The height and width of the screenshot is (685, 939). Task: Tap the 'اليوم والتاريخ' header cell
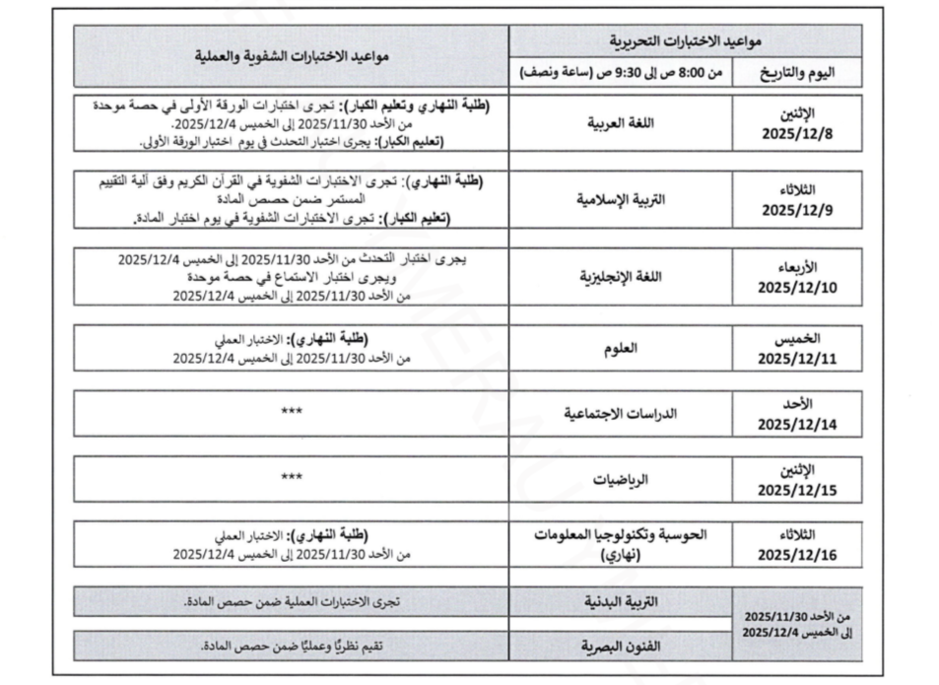pos(797,72)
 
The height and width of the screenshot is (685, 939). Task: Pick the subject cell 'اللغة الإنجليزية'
pos(624,275)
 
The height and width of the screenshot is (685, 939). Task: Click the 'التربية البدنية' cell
pos(625,600)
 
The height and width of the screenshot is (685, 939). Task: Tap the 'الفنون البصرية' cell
pos(625,647)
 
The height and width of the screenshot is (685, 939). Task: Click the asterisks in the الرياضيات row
pos(292,477)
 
